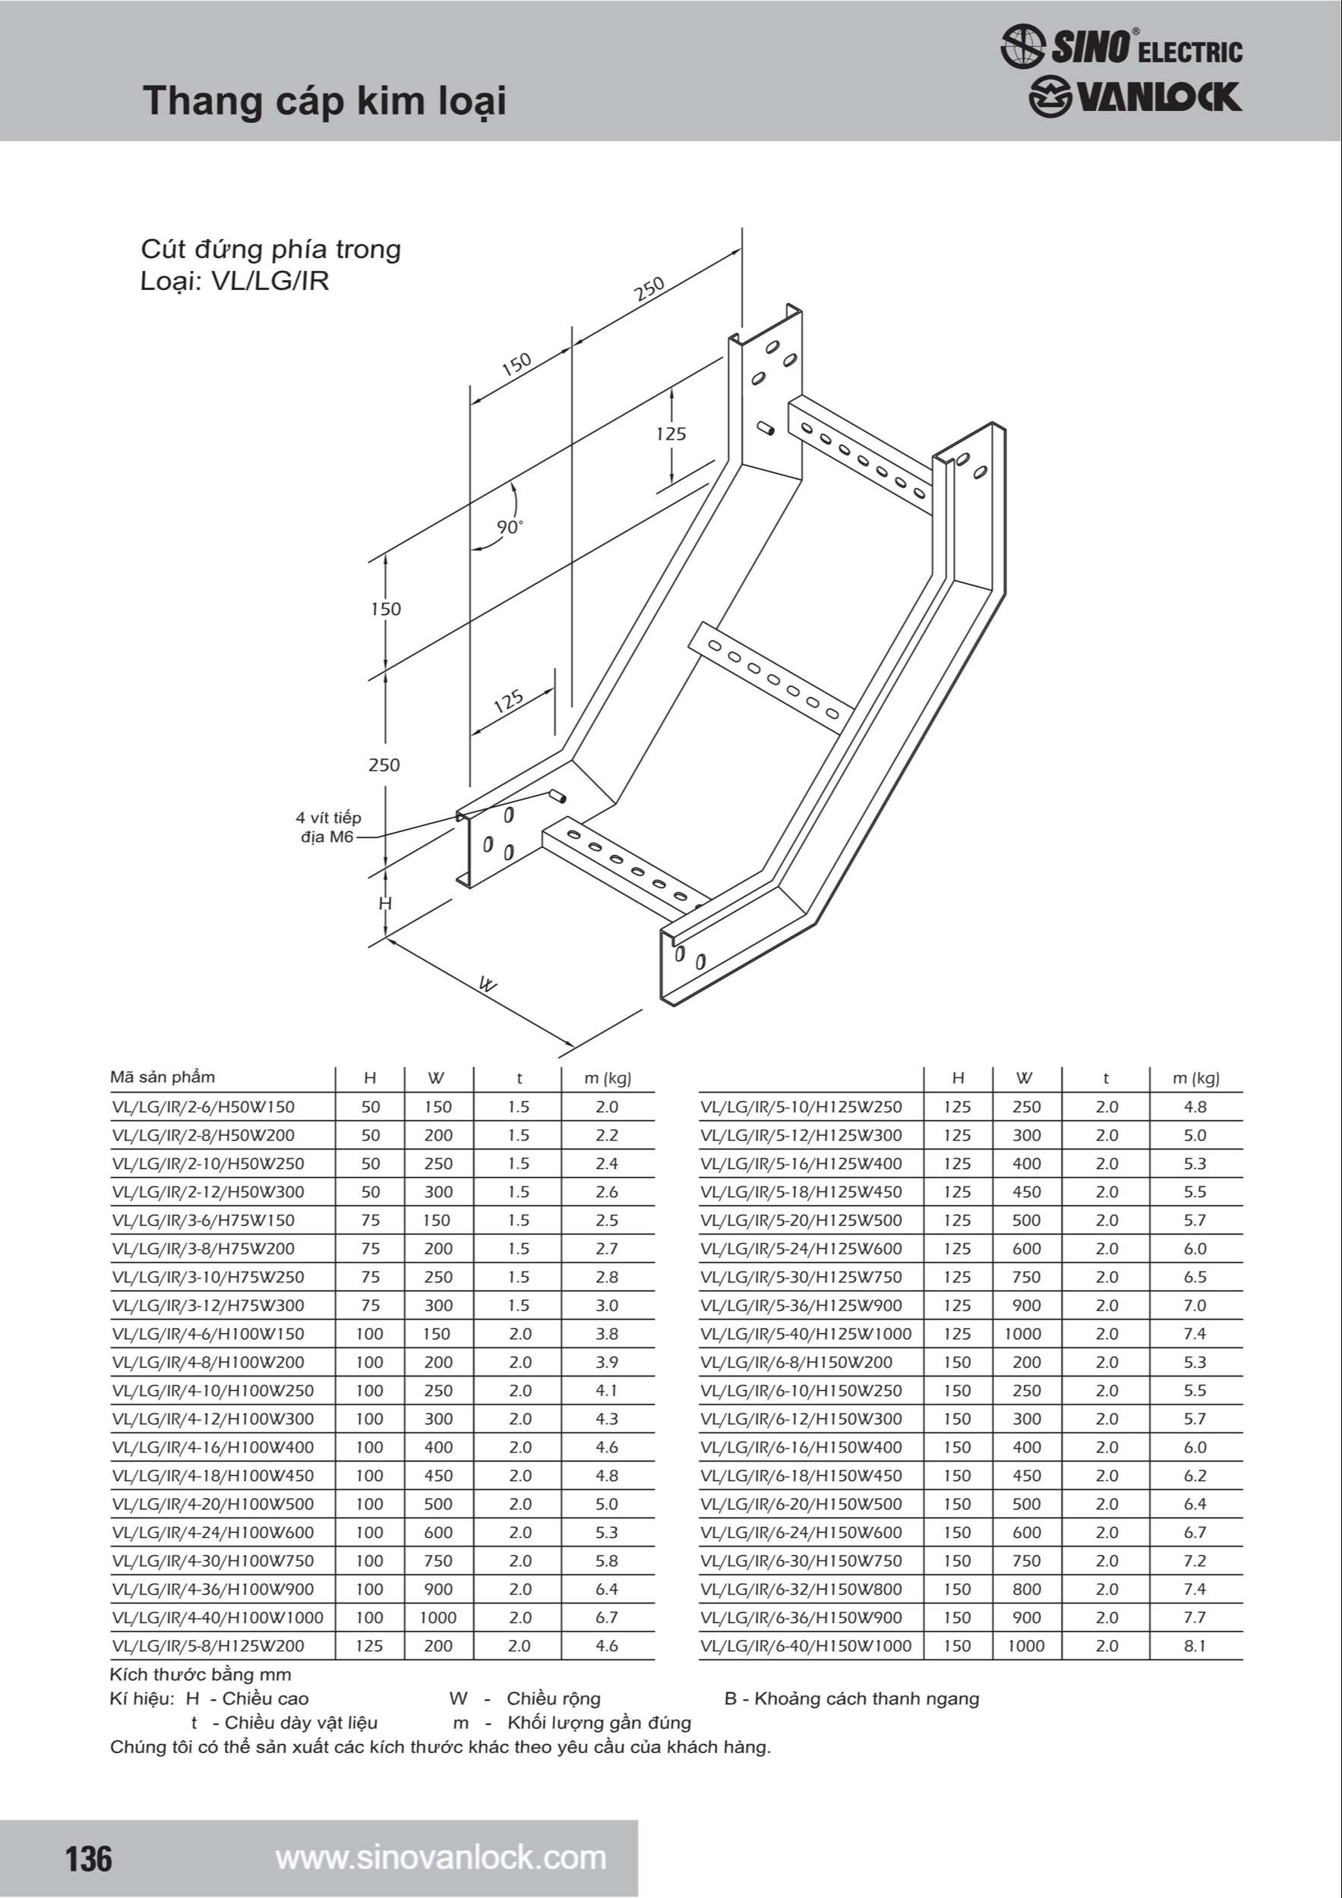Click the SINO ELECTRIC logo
click(x=1121, y=46)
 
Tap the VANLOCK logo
click(x=1135, y=96)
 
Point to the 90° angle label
click(x=510, y=527)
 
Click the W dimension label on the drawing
click(x=488, y=985)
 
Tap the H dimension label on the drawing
click(x=384, y=903)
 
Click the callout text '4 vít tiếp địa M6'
click(x=328, y=827)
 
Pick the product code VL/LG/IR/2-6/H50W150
click(x=204, y=1107)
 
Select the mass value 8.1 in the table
click(x=1195, y=1646)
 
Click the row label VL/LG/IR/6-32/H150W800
click(x=800, y=1589)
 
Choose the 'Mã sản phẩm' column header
click(x=162, y=1077)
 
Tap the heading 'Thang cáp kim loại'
click(x=324, y=101)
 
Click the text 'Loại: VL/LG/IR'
click(x=235, y=281)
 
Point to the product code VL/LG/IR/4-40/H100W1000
click(x=217, y=1618)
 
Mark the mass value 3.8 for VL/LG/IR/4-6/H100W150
click(x=607, y=1333)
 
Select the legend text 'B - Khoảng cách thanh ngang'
click(x=851, y=1699)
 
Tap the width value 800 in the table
click(x=1026, y=1589)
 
